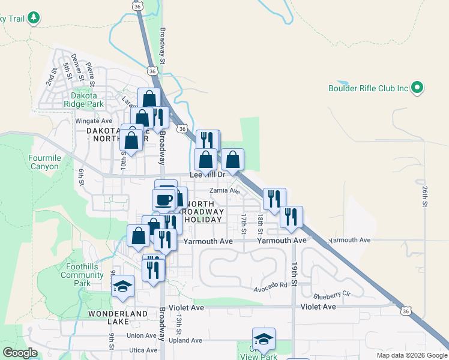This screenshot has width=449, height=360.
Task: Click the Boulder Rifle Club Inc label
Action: (x=368, y=88)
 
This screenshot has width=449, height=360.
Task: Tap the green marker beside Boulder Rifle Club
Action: (x=418, y=88)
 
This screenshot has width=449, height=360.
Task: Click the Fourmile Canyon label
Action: (x=44, y=162)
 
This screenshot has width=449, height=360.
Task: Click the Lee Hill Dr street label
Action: (x=206, y=175)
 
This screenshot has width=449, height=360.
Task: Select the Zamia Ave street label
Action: (x=224, y=191)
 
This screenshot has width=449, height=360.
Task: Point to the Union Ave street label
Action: (x=142, y=335)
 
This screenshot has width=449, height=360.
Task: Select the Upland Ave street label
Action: (x=185, y=340)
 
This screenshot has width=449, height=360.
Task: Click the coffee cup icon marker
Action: (x=164, y=199)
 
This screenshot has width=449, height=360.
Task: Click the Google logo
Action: (x=20, y=353)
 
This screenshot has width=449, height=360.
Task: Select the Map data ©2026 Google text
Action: (x=411, y=355)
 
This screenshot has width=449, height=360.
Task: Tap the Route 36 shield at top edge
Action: (x=138, y=5)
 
